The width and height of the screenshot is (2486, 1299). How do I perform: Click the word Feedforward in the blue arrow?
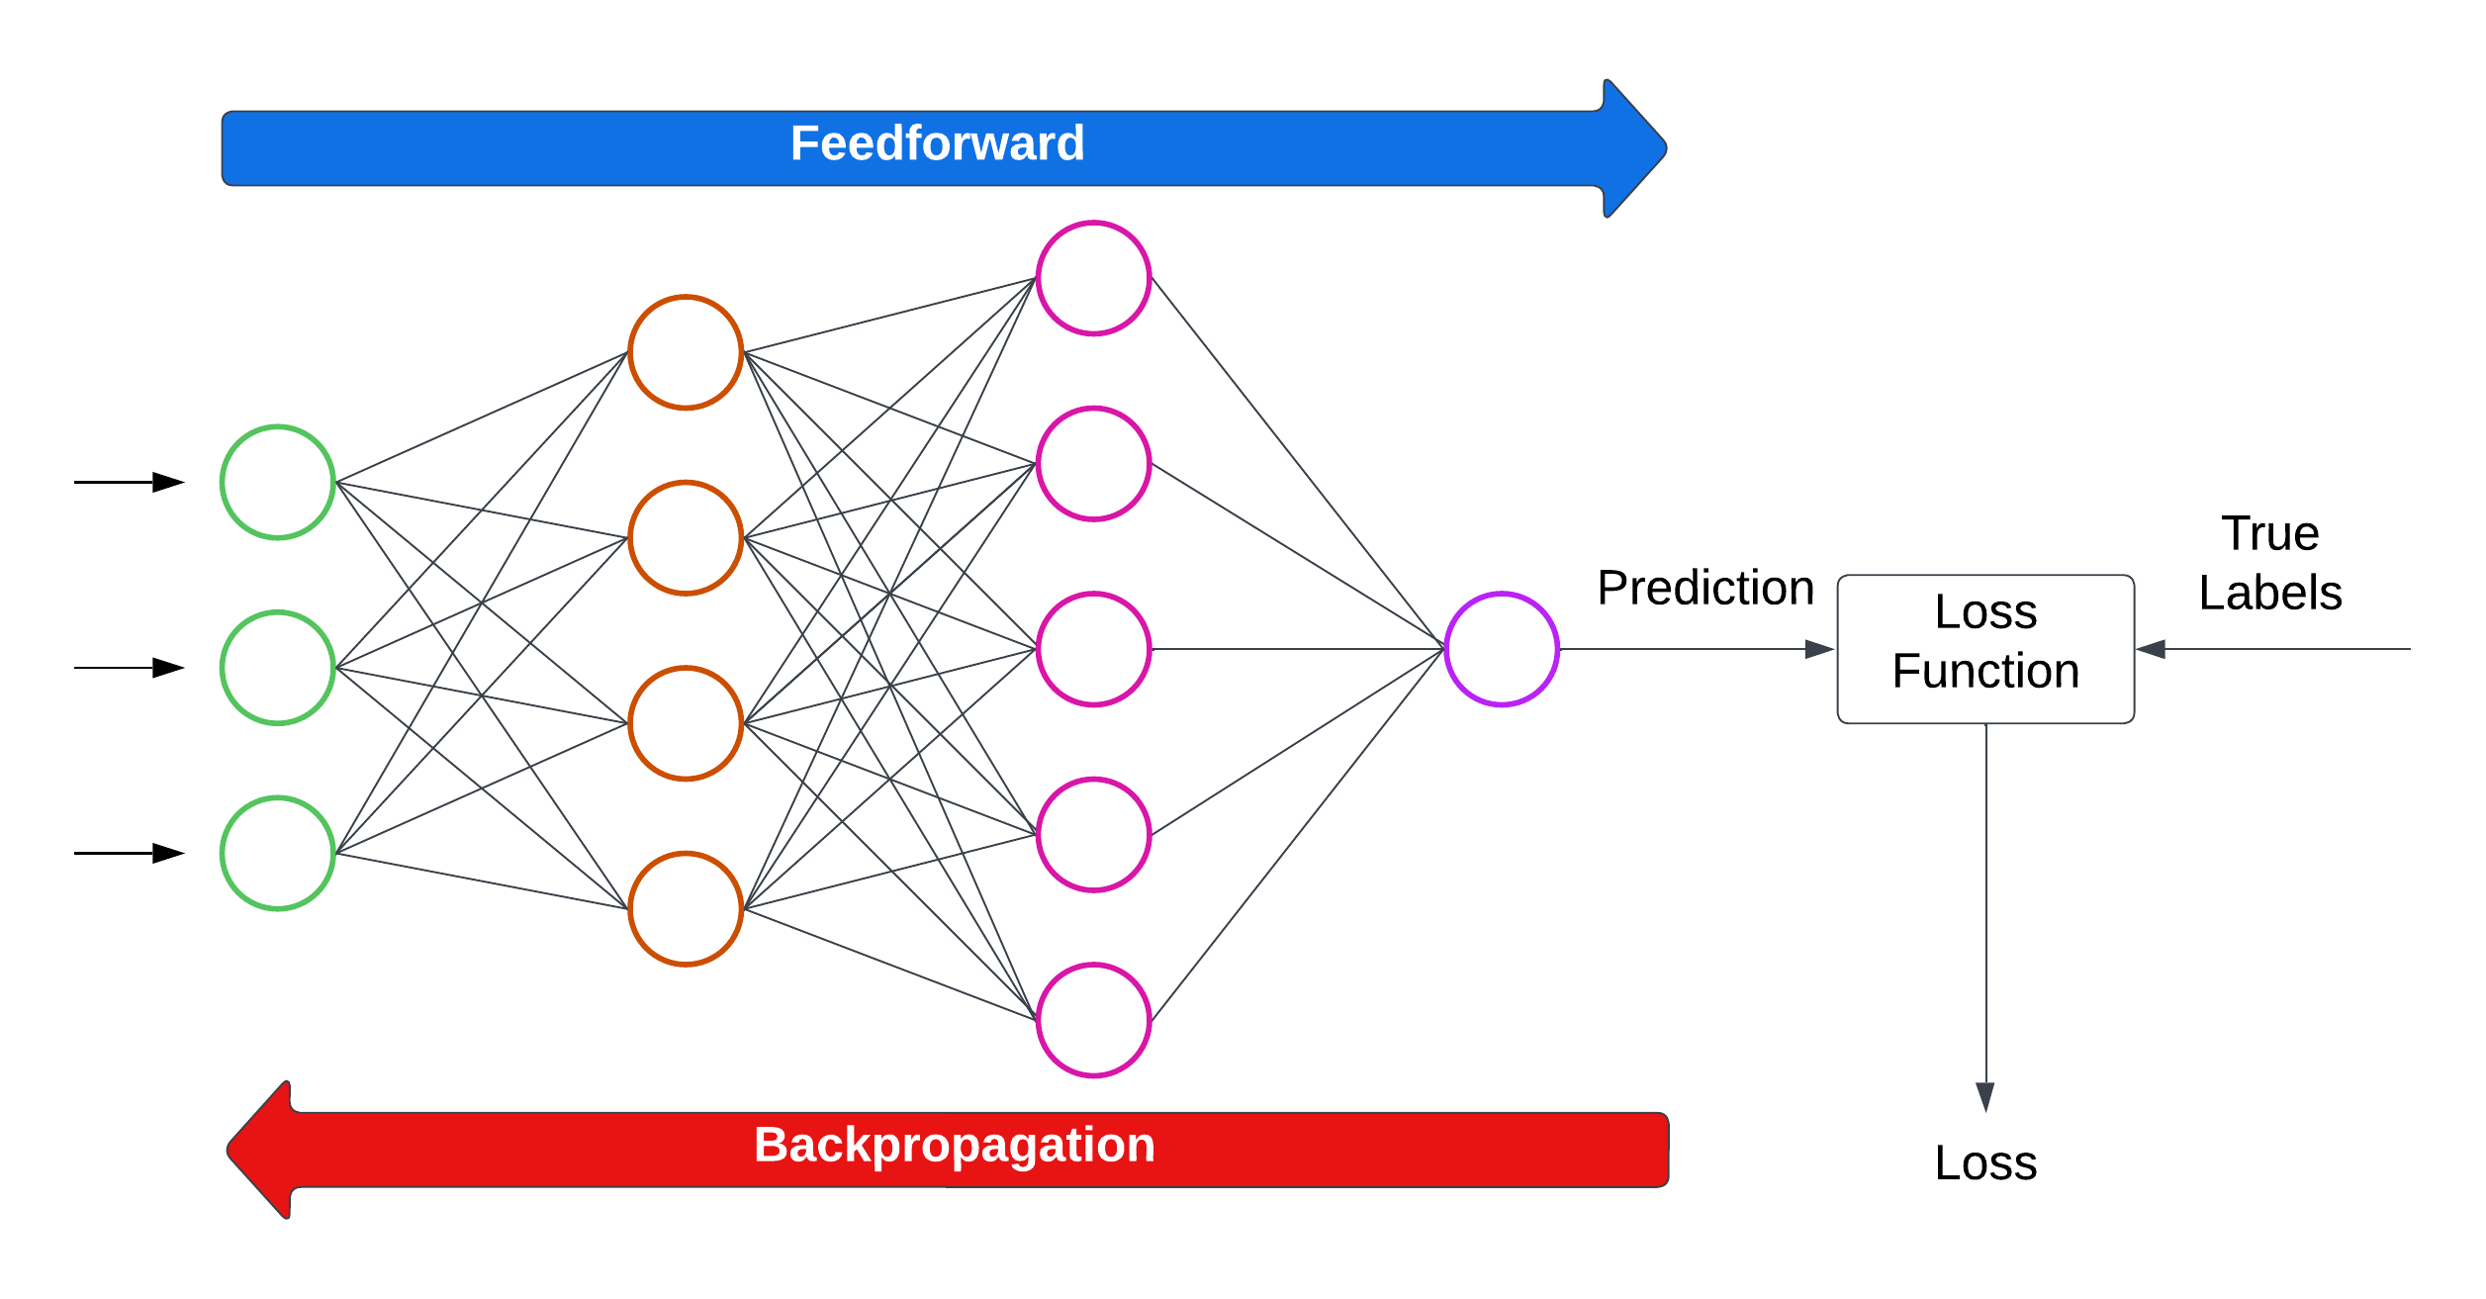(x=937, y=144)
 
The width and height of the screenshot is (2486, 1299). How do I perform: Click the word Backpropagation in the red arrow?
(x=954, y=1146)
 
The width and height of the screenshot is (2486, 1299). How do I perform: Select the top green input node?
(x=278, y=483)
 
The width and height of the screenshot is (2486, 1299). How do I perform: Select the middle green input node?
(x=278, y=668)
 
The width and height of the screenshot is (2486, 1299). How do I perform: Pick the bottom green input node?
(x=278, y=853)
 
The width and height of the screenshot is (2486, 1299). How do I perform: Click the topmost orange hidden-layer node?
(x=686, y=352)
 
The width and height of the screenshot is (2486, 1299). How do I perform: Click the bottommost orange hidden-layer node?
(x=686, y=908)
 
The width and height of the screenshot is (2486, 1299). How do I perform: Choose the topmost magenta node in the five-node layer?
(x=1093, y=278)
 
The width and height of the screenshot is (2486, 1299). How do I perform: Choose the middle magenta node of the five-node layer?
(x=1093, y=649)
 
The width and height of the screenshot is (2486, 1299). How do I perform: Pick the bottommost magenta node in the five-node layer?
(x=1093, y=1020)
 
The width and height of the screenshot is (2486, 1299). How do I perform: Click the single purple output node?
(x=1502, y=649)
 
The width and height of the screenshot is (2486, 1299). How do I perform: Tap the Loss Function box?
(x=1985, y=649)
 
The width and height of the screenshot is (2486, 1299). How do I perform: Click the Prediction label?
(x=1705, y=589)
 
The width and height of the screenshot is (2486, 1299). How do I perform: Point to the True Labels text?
(x=2270, y=563)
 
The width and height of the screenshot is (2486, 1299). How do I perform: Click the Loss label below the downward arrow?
(x=1985, y=1162)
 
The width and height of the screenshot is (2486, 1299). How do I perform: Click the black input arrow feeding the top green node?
(x=129, y=483)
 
